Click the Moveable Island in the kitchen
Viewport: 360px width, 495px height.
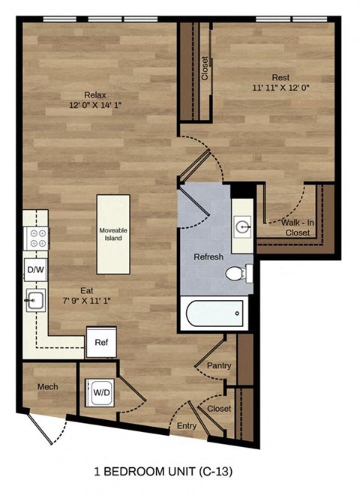[112, 235]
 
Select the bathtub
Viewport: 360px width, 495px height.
[214, 313]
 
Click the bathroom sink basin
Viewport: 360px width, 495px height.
[241, 224]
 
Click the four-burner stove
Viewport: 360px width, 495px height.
[35, 239]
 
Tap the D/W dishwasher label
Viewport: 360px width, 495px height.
[35, 269]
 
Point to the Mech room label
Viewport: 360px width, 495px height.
[48, 386]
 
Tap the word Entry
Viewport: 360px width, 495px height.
[187, 425]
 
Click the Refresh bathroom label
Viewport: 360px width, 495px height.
[208, 257]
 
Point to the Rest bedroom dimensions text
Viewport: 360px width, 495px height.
[280, 88]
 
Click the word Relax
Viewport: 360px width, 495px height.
[95, 94]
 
